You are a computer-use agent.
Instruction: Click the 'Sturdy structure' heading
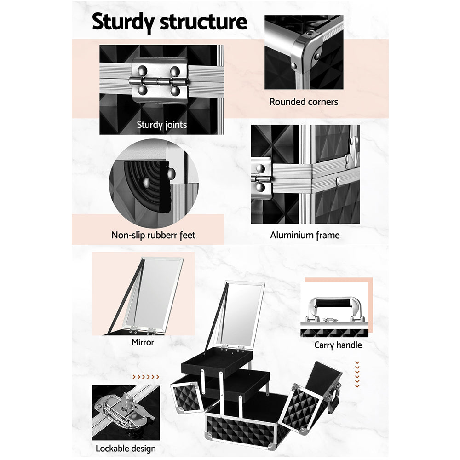(170, 22)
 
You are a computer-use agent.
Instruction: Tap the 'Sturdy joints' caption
(161, 125)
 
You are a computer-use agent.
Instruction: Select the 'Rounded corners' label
(304, 102)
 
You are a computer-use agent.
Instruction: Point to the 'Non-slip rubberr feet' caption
(153, 235)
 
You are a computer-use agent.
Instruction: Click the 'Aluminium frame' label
(305, 235)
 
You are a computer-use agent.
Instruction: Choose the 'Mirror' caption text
(143, 342)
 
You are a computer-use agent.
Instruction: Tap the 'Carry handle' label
(338, 345)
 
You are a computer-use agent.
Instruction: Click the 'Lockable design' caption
(126, 448)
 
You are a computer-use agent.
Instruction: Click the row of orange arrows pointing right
(146, 377)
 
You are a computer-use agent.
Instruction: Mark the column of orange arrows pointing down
(357, 374)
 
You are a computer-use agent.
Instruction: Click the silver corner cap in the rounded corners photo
(306, 53)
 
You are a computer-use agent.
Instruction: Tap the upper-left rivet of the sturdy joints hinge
(142, 70)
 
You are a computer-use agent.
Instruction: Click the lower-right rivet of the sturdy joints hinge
(175, 91)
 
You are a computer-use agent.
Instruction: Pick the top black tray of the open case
(217, 362)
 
